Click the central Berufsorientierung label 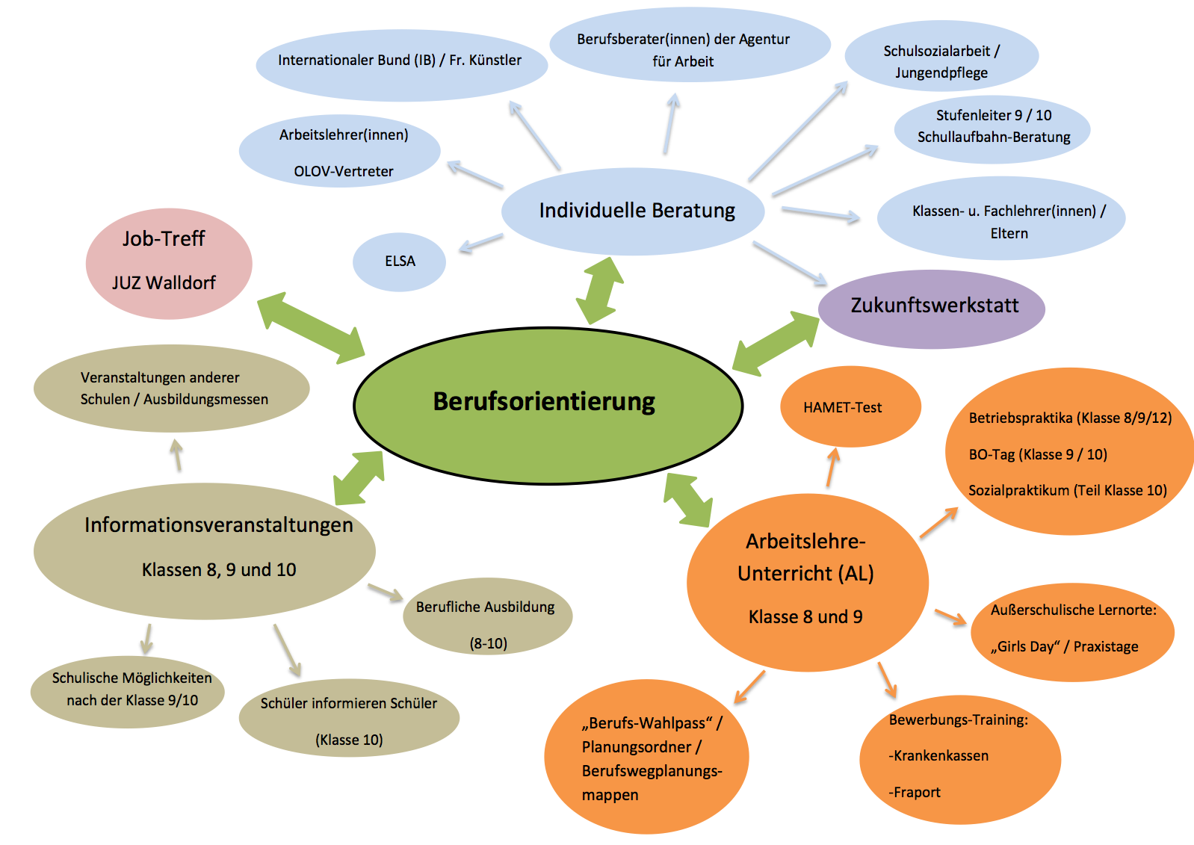tap(544, 402)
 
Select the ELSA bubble tap(399, 261)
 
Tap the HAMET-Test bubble tap(850, 406)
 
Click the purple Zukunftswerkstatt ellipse tap(931, 309)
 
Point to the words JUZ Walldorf tap(164, 282)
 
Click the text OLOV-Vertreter tap(343, 171)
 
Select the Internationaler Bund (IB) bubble tap(401, 65)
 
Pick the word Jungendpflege tap(941, 73)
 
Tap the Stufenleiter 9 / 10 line tap(994, 115)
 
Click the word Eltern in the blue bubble tap(1009, 234)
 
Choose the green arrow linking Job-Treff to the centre tap(311, 328)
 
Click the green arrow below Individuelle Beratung tap(600, 290)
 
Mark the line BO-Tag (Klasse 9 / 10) tap(1038, 454)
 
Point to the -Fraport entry tap(914, 792)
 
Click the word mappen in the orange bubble tap(610, 796)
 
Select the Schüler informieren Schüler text tap(349, 703)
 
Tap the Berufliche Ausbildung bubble tap(487, 616)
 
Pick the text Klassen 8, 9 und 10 tap(218, 570)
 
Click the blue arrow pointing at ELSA tap(480, 243)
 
